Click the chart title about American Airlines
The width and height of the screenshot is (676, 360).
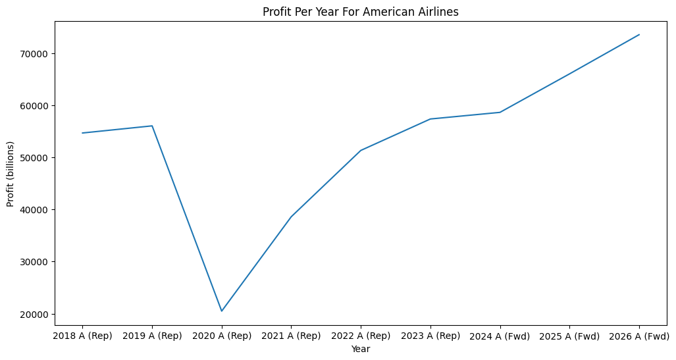360,12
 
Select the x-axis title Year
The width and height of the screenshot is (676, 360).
360,349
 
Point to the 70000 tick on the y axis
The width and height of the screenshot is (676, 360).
36,53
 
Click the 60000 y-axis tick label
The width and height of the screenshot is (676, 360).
36,105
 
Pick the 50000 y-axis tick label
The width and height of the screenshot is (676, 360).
36,158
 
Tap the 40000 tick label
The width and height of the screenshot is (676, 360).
36,210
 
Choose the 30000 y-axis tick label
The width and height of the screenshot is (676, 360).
36,262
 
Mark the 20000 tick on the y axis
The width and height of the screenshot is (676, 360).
36,314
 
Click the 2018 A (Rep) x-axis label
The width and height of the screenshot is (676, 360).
82,336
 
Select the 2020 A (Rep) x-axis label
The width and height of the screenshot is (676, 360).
222,336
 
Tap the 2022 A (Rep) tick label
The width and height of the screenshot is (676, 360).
361,336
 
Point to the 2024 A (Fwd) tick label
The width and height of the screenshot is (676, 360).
500,336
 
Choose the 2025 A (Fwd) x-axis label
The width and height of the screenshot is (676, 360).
569,336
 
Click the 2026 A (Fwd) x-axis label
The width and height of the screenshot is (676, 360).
639,336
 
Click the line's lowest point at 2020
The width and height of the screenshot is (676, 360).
222,311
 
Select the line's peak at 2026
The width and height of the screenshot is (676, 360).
639,34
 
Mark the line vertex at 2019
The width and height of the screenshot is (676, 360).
152,126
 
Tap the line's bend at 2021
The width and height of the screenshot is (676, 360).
291,217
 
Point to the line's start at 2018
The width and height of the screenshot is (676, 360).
82,133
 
